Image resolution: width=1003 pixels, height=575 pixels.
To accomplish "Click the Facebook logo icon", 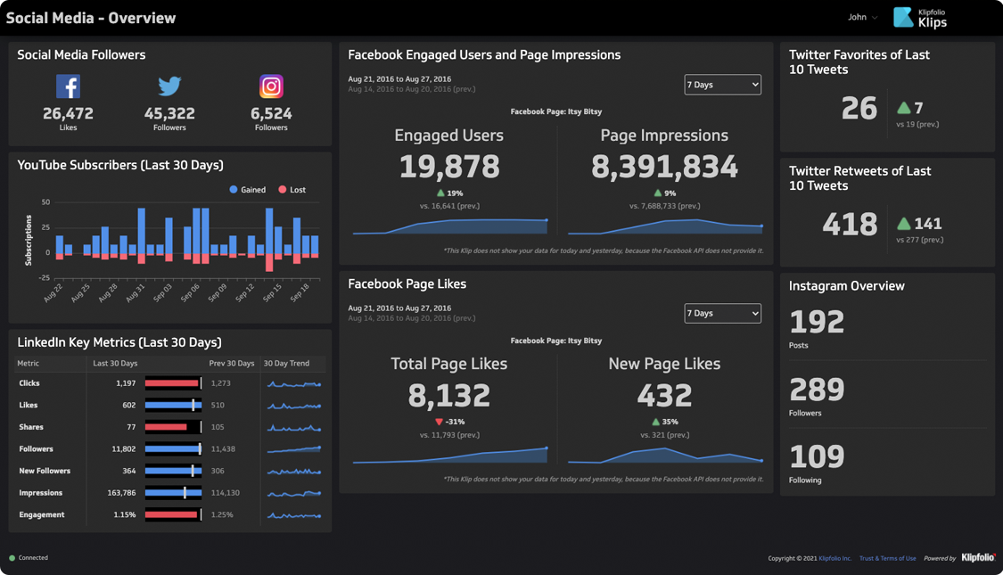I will [68, 86].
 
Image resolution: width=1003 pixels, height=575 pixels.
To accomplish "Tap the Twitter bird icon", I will [169, 86].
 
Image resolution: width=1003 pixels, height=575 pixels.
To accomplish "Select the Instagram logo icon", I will [271, 86].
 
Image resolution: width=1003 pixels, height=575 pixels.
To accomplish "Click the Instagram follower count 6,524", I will [271, 113].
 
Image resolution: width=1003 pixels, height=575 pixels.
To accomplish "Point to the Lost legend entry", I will [292, 190].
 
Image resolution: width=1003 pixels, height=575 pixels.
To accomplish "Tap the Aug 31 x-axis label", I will [135, 292].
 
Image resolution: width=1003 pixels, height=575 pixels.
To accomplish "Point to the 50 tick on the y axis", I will [45, 202].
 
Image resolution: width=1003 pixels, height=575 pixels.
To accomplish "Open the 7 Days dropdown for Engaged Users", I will [722, 85].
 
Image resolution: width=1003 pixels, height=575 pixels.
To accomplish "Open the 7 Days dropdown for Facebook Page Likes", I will [722, 314].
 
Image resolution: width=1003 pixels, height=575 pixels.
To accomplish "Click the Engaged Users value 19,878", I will [448, 167].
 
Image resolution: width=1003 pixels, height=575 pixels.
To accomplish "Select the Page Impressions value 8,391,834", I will [664, 167].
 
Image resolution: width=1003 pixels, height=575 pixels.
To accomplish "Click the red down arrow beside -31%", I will [439, 422].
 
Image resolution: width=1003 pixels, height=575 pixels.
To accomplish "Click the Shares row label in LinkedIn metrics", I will [31, 427].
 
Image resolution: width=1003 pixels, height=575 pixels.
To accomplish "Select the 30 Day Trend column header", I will [286, 364].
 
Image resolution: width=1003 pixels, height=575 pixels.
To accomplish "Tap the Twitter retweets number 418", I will [850, 224].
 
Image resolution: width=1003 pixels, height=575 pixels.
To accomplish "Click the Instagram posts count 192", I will [817, 322].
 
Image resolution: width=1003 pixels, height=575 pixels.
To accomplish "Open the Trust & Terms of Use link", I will [887, 558].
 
